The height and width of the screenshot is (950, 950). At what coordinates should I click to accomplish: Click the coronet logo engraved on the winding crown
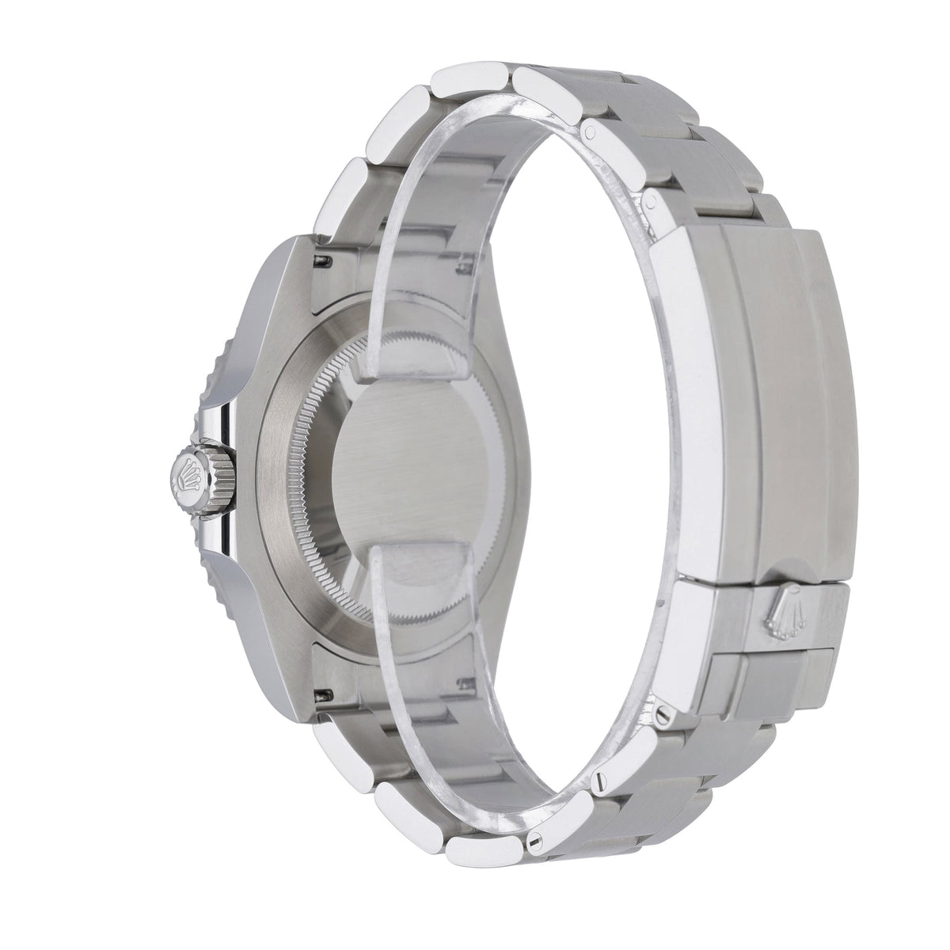[x=191, y=468]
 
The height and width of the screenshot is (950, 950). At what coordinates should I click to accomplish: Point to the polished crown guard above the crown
[x=223, y=412]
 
